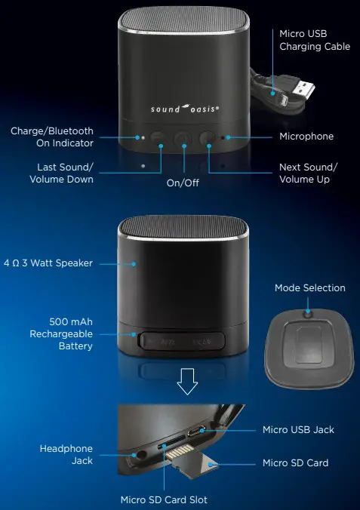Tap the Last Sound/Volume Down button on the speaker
pos(158,138)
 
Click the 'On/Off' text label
pos(182,182)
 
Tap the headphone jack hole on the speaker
pos(139,456)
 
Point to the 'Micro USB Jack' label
pos(298,429)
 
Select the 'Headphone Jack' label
pos(66,454)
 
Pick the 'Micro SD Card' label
pos(295,462)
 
